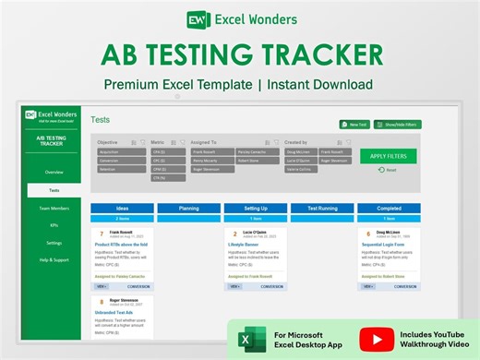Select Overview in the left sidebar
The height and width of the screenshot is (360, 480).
pyautogui.click(x=54, y=172)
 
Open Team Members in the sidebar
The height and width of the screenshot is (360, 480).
pyautogui.click(x=54, y=208)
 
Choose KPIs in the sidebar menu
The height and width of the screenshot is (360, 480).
pyautogui.click(x=54, y=224)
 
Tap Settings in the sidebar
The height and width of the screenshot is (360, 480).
pyautogui.click(x=54, y=242)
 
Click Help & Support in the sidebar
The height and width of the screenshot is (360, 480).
pyautogui.click(x=54, y=259)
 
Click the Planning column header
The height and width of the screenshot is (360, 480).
pyautogui.click(x=188, y=209)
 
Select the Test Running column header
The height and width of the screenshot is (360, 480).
pyautogui.click(x=322, y=209)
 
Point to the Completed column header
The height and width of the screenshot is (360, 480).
pyautogui.click(x=389, y=209)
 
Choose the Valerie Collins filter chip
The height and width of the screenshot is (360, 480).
pyautogui.click(x=299, y=169)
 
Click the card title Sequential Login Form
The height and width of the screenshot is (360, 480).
pyautogui.click(x=387, y=244)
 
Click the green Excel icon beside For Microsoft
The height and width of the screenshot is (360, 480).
pyautogui.click(x=247, y=339)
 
